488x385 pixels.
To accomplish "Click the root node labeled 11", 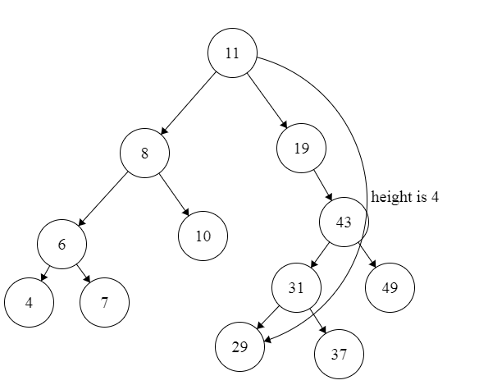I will click(x=232, y=53).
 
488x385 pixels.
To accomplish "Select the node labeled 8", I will click(x=144, y=152).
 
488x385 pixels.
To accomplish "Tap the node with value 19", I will click(x=301, y=149).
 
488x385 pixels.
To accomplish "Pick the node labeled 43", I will click(x=344, y=222).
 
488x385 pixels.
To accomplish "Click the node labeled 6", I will click(x=61, y=244).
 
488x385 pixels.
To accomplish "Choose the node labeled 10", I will click(x=203, y=236).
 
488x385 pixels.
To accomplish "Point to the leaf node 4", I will click(x=29, y=302).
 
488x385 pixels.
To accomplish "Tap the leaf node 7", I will click(x=104, y=302).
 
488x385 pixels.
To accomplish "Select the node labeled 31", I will click(x=296, y=288).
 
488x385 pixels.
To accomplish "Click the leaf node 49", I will click(x=390, y=288).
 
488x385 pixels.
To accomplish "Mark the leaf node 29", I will click(x=239, y=347).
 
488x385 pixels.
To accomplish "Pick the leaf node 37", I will click(x=339, y=355).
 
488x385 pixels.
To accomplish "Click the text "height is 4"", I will click(x=405, y=198).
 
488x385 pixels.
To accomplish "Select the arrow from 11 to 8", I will click(x=189, y=103).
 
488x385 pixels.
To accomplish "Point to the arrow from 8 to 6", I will click(x=102, y=199).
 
